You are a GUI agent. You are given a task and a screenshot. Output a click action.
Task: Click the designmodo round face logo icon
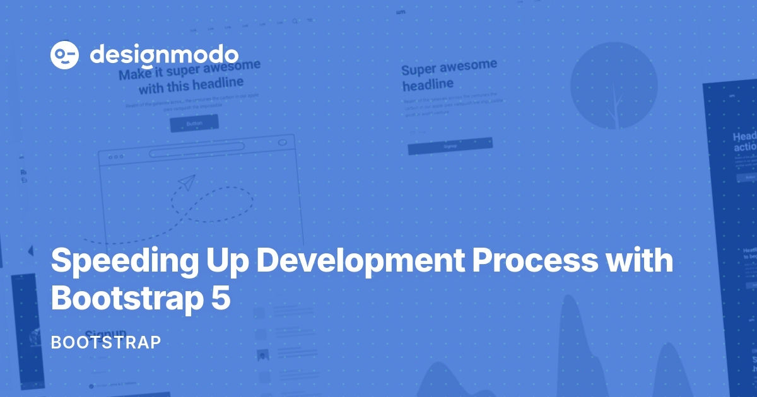[64, 55]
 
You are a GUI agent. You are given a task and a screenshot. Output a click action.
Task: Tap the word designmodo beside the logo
[164, 54]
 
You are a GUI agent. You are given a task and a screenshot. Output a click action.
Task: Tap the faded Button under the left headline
[194, 124]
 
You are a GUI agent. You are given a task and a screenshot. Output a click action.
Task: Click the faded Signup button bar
[450, 147]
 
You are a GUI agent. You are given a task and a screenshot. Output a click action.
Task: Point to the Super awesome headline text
[449, 74]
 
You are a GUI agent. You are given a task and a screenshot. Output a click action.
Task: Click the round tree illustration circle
[614, 86]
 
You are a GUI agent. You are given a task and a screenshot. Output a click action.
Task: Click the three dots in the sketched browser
[116, 157]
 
